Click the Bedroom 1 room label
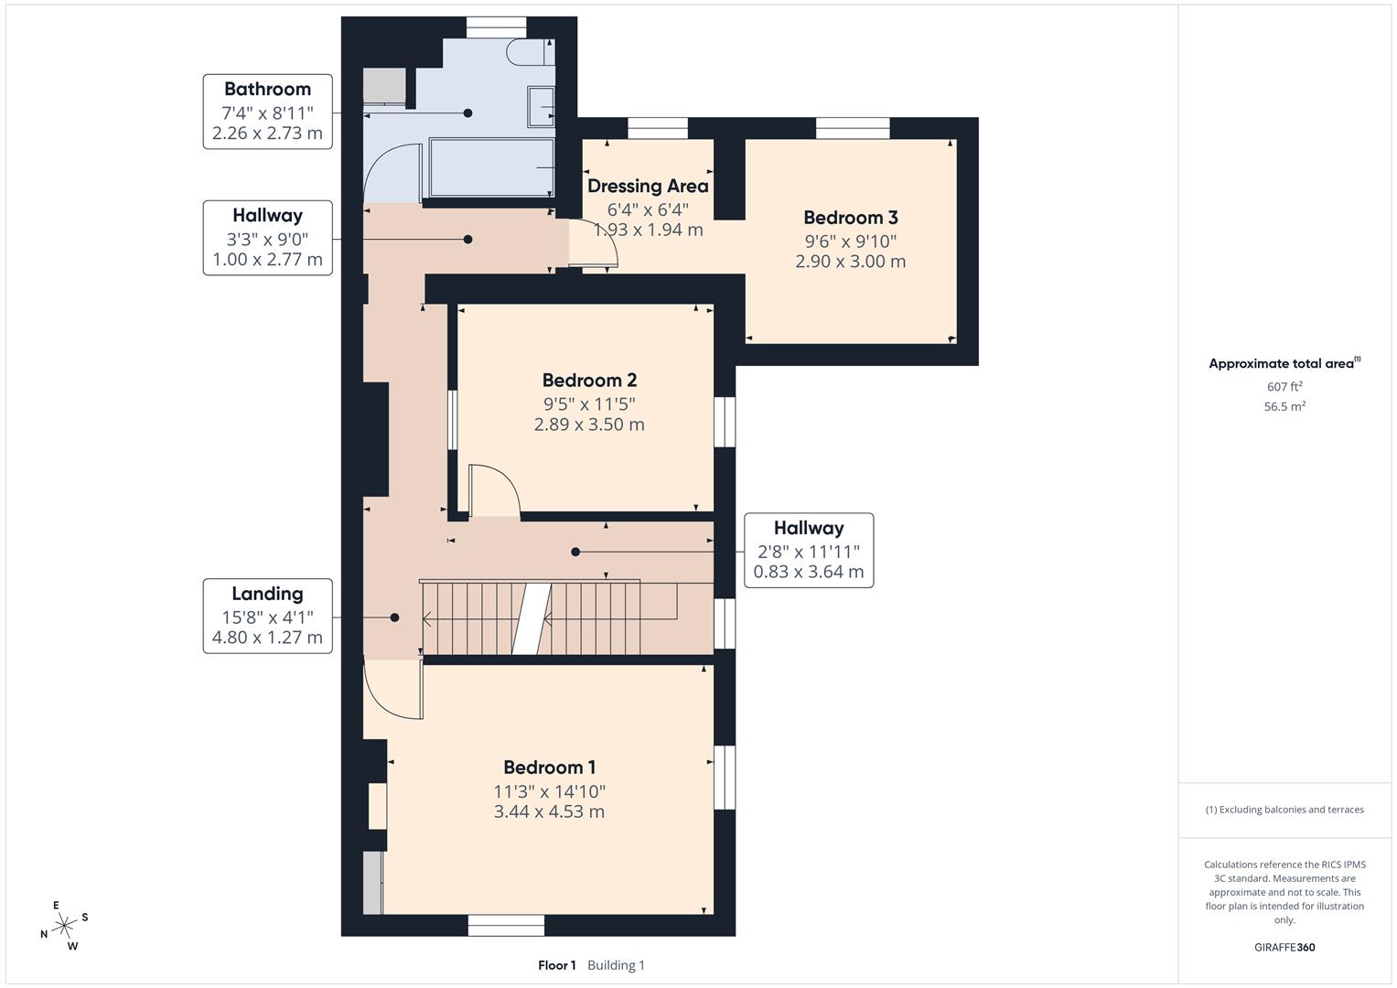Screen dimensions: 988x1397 pyautogui.click(x=549, y=768)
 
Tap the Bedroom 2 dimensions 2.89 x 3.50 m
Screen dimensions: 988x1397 pyautogui.click(x=589, y=424)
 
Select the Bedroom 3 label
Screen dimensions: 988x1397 pyautogui.click(x=850, y=218)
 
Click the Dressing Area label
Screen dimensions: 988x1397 pyautogui.click(x=648, y=187)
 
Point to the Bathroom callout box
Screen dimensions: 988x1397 pyautogui.click(x=267, y=112)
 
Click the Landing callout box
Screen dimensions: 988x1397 pyautogui.click(x=267, y=616)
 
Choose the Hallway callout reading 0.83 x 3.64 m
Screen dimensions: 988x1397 pyautogui.click(x=809, y=550)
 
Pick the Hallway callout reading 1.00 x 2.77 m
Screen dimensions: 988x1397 pyautogui.click(x=267, y=238)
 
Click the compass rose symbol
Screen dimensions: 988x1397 pyautogui.click(x=64, y=926)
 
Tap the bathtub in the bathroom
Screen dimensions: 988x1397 pyautogui.click(x=491, y=167)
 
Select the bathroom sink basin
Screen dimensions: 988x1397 pyautogui.click(x=541, y=107)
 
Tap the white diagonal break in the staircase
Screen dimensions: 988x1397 pyautogui.click(x=531, y=618)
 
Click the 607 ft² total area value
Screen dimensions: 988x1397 pyautogui.click(x=1284, y=387)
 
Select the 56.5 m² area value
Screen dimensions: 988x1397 pyautogui.click(x=1284, y=407)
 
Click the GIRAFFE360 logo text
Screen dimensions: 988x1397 pyautogui.click(x=1284, y=947)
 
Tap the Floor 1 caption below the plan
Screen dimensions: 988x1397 pyautogui.click(x=556, y=965)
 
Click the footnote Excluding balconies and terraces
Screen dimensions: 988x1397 pyautogui.click(x=1284, y=810)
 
